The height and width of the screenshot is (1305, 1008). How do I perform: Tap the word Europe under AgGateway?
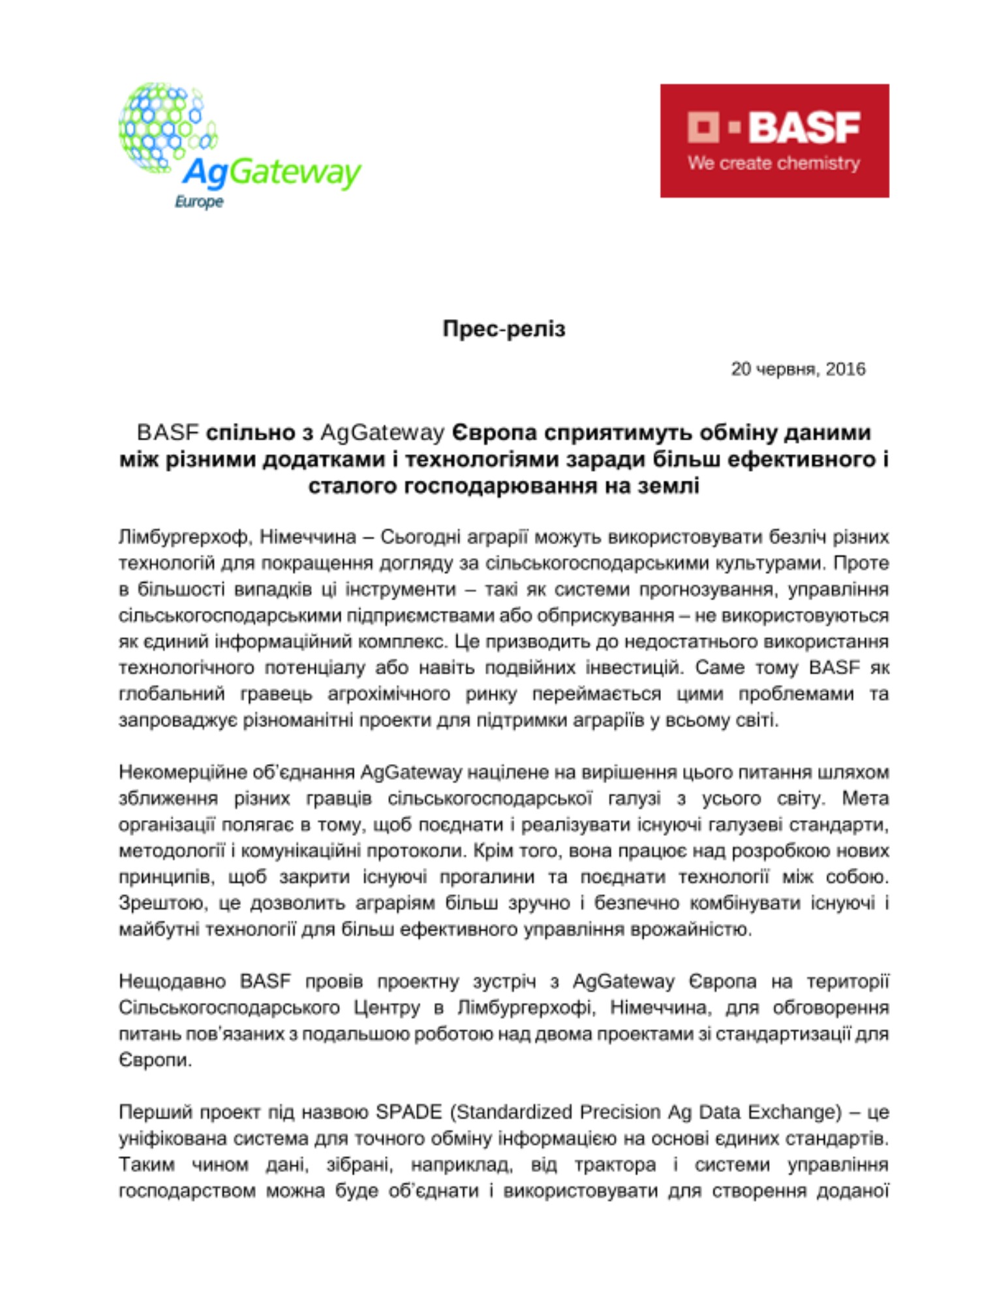point(199,202)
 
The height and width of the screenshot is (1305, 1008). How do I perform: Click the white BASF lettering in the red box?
point(804,127)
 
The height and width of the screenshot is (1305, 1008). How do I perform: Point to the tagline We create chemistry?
point(774,163)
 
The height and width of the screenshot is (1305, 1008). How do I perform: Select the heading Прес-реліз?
point(504,328)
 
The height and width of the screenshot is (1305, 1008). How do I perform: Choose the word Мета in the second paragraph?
point(865,799)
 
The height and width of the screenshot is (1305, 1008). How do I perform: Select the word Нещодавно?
point(172,981)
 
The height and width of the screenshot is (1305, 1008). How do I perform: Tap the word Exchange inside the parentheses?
point(793,1113)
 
